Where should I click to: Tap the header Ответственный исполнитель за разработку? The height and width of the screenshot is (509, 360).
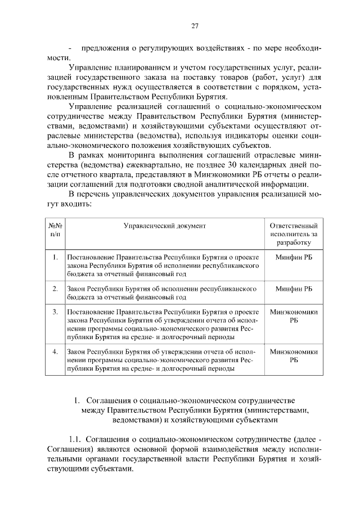(294, 234)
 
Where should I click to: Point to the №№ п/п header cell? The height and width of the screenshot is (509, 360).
(55, 229)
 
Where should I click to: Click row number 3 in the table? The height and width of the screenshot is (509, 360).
(55, 311)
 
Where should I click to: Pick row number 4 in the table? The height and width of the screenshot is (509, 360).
(55, 352)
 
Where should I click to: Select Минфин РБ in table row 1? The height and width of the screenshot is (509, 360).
(294, 257)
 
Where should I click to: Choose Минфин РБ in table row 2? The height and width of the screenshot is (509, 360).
(294, 289)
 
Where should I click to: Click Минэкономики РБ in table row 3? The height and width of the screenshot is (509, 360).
(294, 316)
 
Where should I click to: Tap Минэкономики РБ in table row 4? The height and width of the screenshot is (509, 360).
(294, 356)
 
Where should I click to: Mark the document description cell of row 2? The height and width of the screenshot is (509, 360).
(163, 293)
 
